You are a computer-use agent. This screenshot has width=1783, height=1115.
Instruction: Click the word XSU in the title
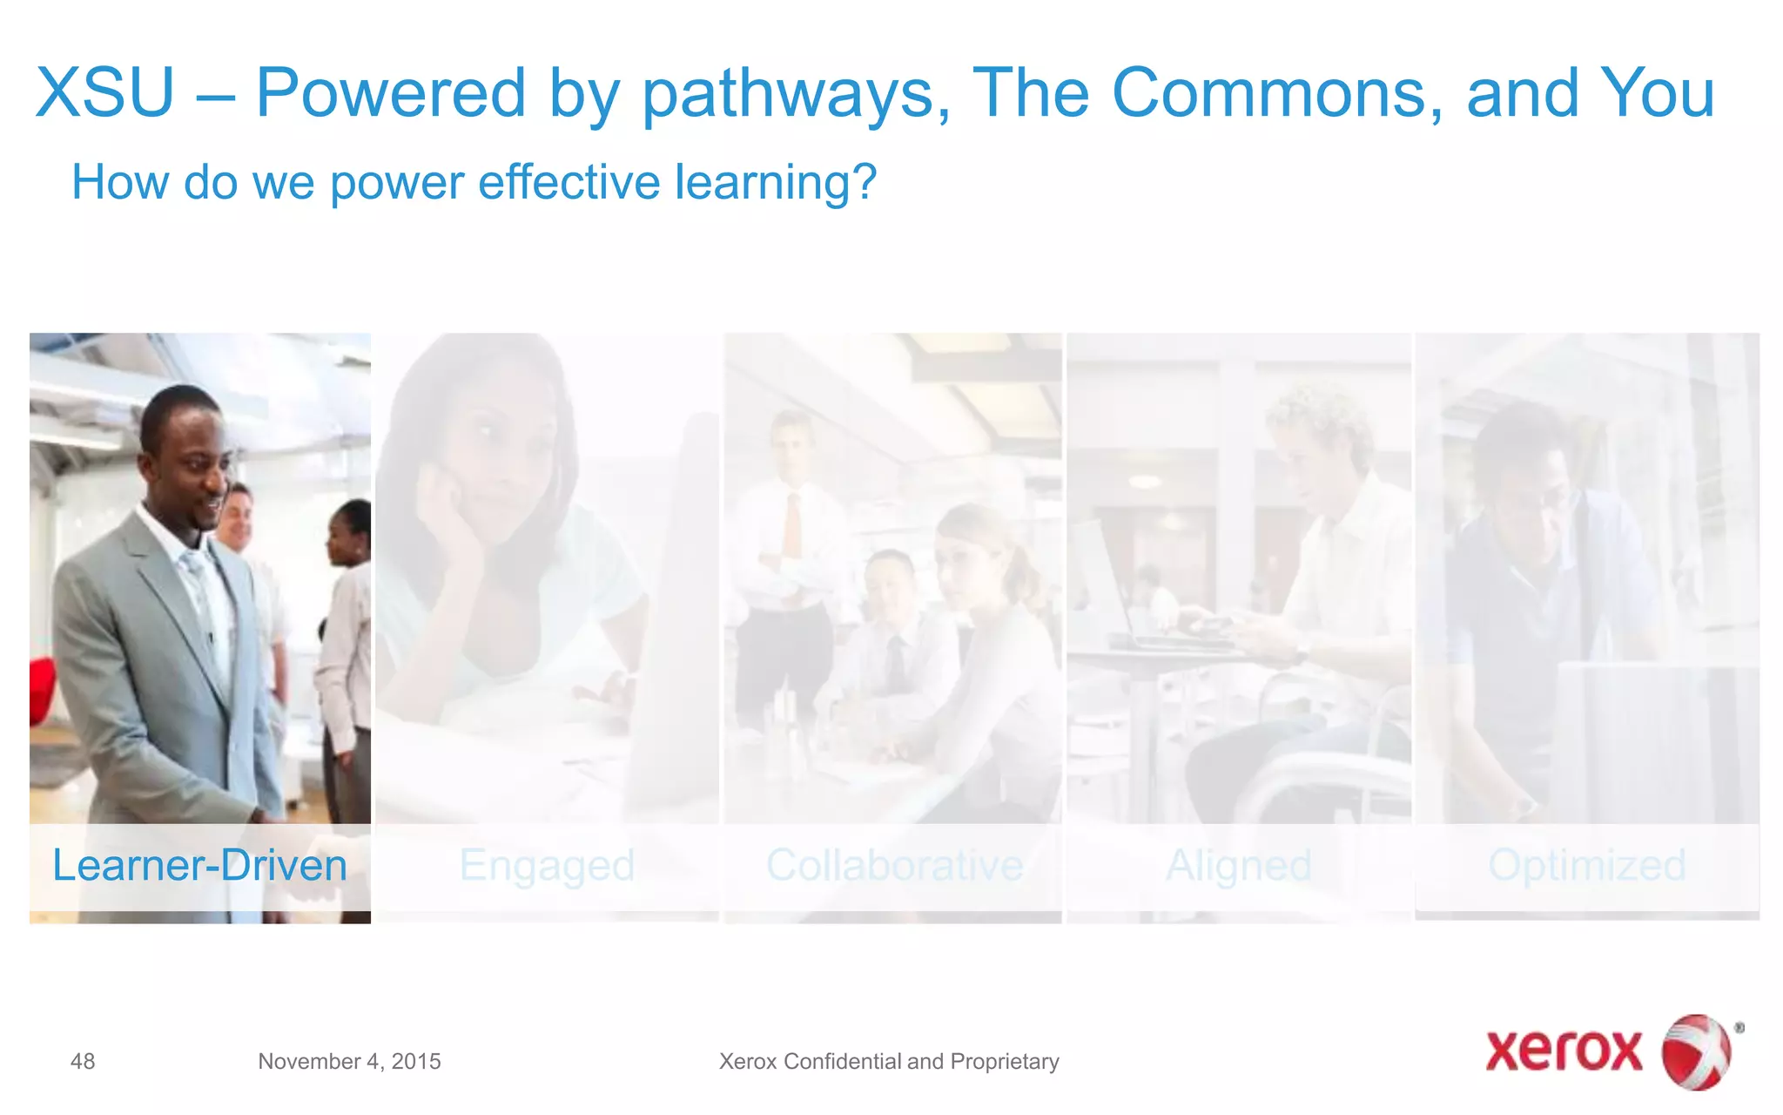(x=105, y=93)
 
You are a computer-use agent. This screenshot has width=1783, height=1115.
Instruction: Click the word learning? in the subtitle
(x=776, y=183)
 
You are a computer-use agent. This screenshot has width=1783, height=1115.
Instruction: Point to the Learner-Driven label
(x=199, y=866)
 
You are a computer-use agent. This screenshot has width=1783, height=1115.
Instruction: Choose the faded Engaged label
(x=547, y=866)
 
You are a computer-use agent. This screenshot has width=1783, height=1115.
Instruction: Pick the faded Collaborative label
(x=894, y=866)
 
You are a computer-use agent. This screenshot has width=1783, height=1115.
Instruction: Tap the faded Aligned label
(x=1238, y=866)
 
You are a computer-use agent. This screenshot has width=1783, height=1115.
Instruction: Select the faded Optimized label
(x=1586, y=866)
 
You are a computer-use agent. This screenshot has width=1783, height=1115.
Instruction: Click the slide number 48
(x=83, y=1061)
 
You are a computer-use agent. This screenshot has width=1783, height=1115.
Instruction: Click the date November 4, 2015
(x=349, y=1061)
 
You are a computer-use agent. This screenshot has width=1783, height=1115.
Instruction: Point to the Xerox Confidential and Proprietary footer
(x=889, y=1061)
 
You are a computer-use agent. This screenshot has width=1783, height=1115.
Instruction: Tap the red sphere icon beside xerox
(x=1697, y=1051)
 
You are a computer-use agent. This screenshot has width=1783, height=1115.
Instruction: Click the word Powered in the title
(x=390, y=93)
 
